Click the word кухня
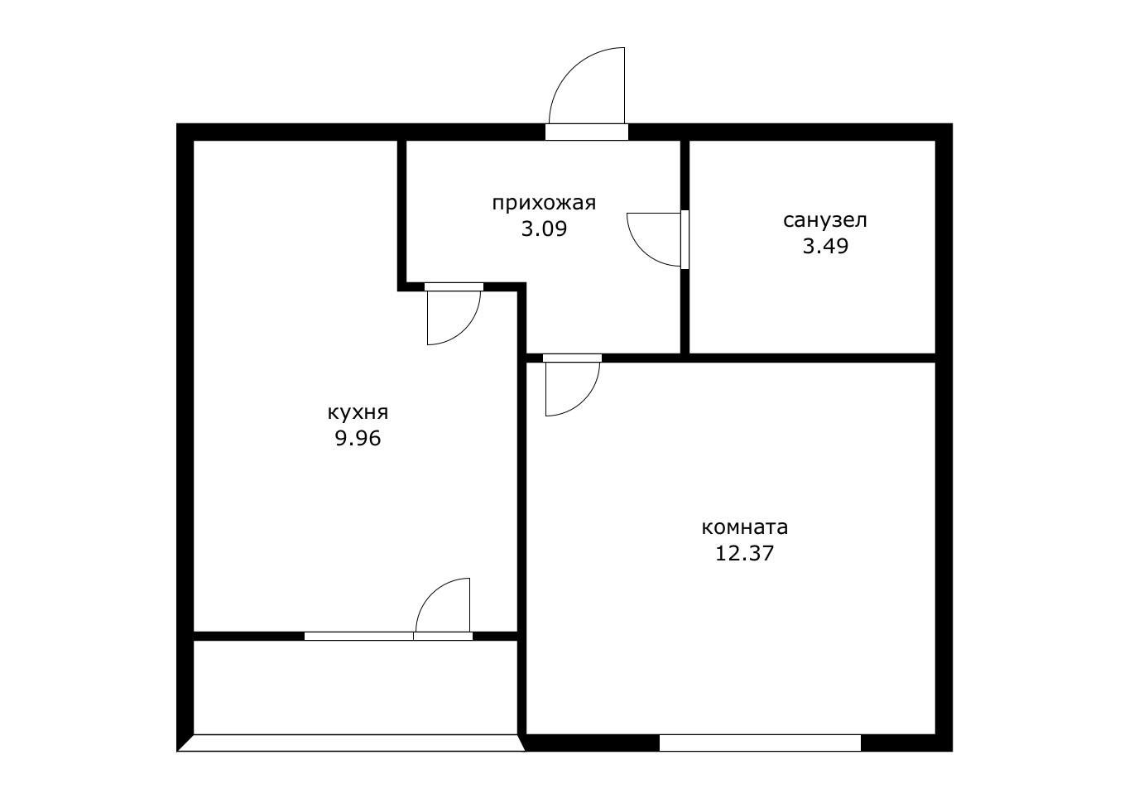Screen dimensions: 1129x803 pos(358,413)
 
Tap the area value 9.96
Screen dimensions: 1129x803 pos(358,439)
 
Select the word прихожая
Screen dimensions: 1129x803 pos(544,204)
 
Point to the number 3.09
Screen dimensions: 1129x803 pos(544,229)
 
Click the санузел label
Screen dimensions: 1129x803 pos(825,220)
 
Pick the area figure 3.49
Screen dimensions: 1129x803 pos(825,247)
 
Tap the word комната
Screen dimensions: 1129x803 pos(744,528)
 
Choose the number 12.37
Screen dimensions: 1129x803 pos(744,554)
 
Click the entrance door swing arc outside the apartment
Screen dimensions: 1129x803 pos(570,70)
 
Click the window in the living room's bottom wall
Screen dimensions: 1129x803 pos(760,743)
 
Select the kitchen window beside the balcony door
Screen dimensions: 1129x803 pos(358,636)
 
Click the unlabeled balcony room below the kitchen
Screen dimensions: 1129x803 pos(355,687)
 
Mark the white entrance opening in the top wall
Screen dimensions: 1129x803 pos(587,132)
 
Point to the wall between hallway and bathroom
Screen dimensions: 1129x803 pos(685,247)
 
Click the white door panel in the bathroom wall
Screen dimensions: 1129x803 pos(685,239)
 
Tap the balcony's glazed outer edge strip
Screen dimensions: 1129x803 pos(351,743)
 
